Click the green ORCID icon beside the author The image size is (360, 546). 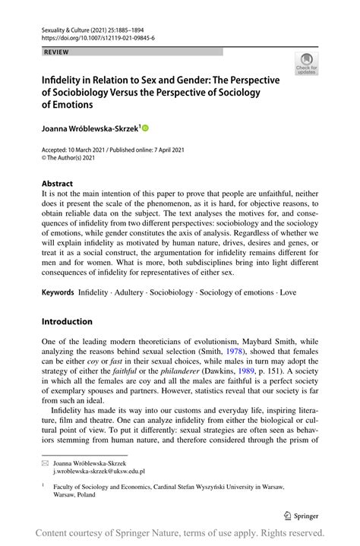pos(146,128)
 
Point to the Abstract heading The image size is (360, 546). pos(58,183)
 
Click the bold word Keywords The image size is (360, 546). pos(58,292)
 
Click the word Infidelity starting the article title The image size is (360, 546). pos(62,80)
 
